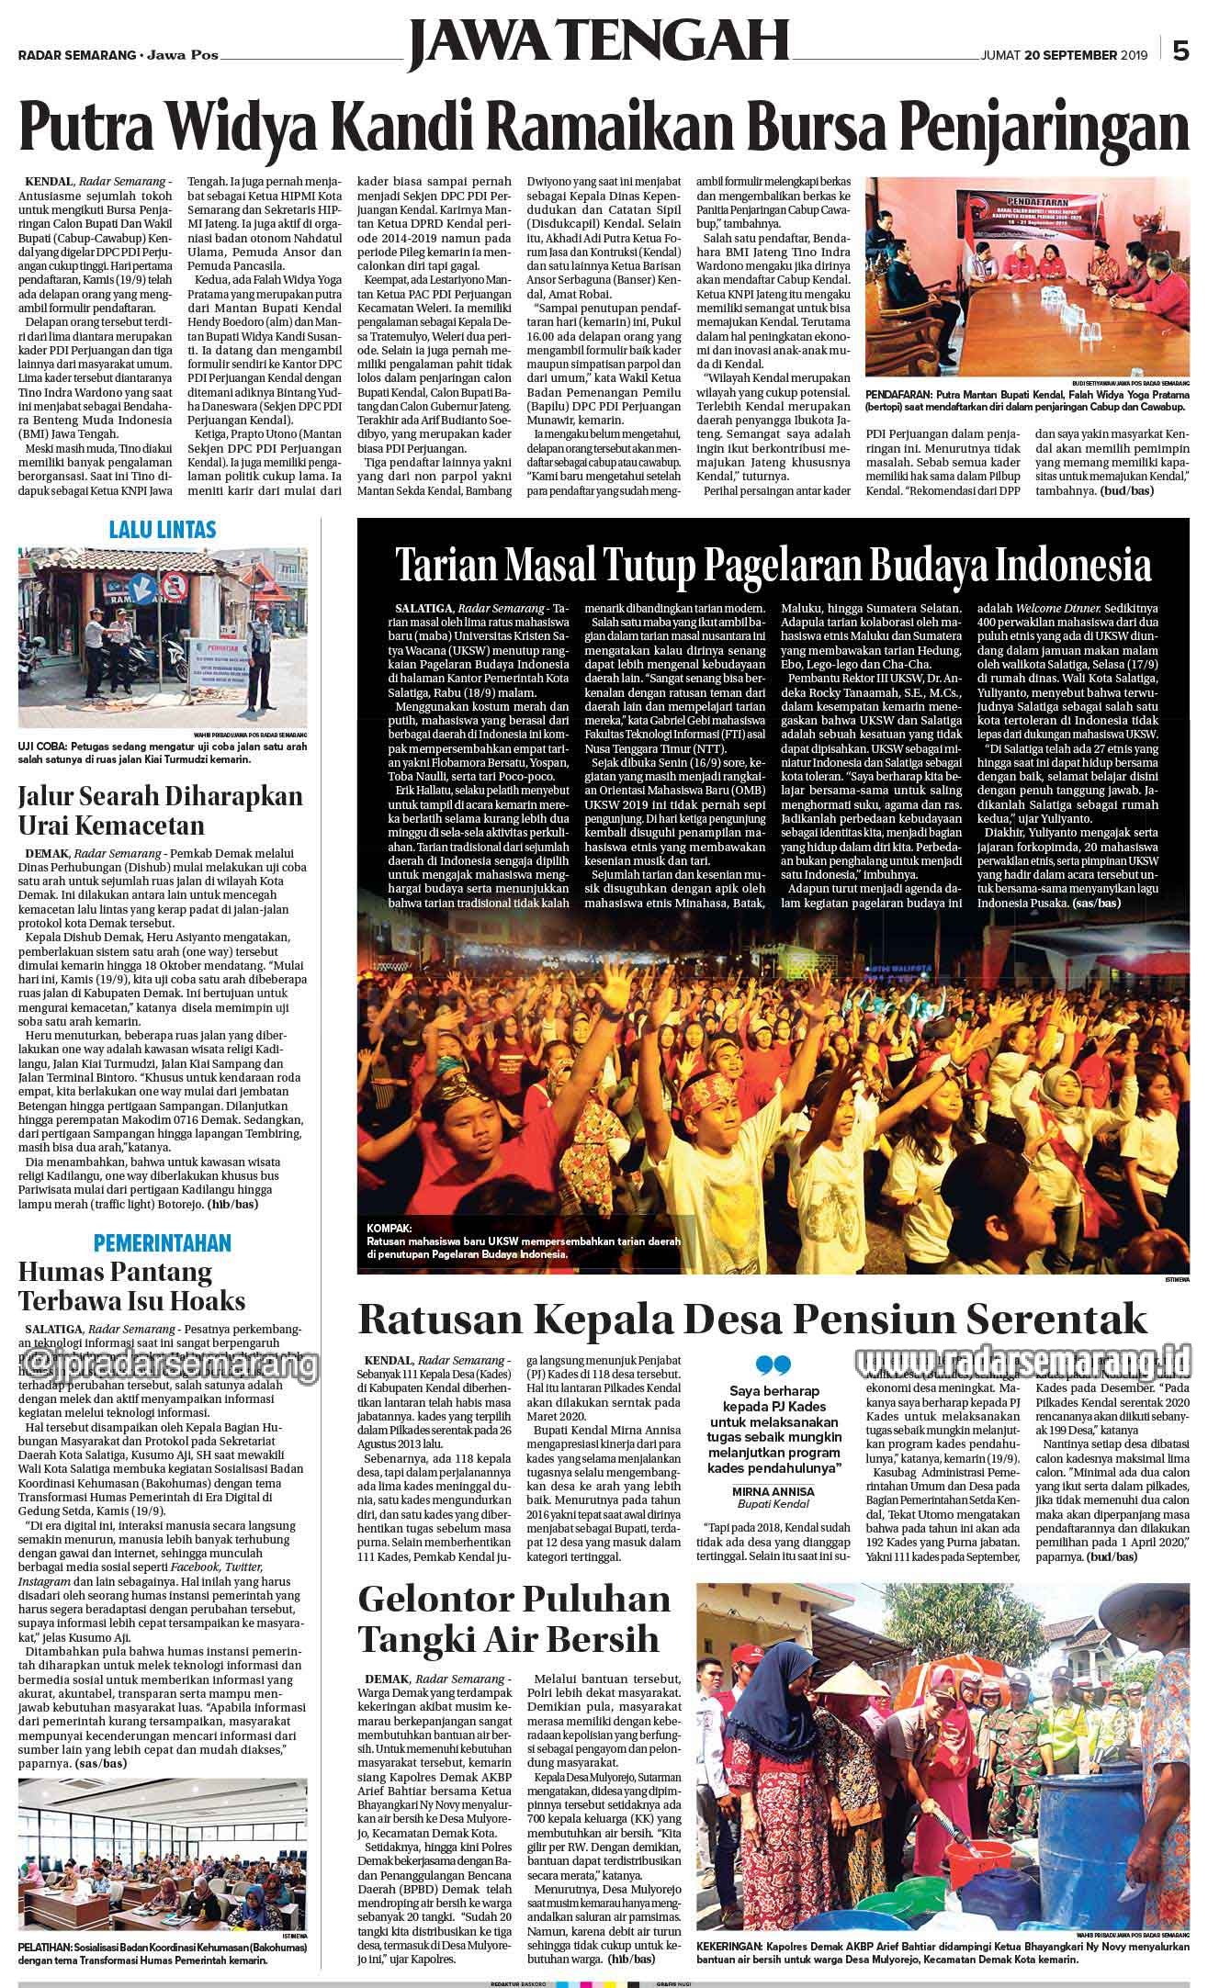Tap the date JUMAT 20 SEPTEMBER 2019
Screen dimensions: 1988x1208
point(1065,55)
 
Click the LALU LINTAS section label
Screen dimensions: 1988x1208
point(162,529)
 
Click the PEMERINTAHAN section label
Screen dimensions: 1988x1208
point(163,1243)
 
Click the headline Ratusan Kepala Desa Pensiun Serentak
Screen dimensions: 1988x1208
point(752,1319)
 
